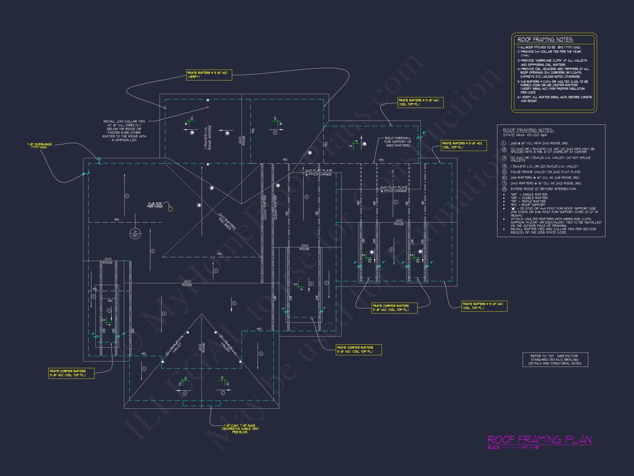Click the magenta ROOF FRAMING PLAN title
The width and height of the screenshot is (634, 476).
coord(539,440)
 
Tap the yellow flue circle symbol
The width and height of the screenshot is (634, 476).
coord(170,209)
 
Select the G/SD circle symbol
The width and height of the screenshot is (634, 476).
coord(135,234)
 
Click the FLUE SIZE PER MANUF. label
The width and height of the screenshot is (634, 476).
coord(155,205)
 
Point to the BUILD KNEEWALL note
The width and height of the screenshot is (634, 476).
coord(398,142)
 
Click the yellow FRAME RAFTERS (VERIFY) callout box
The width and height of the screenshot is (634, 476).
coord(209,75)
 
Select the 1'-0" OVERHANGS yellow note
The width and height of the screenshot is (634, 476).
coord(40,146)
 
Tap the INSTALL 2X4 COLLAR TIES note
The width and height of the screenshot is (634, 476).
coord(124,131)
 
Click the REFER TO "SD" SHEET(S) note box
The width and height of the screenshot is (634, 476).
coord(555,359)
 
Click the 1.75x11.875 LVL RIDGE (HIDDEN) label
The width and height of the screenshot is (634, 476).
coord(208,138)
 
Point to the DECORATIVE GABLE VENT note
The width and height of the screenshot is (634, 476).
coord(240,429)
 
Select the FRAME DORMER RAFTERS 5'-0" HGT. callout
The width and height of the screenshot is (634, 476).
coord(394,308)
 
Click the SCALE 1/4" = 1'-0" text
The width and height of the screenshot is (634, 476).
coord(514,448)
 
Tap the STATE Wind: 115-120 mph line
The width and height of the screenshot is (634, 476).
coord(525,135)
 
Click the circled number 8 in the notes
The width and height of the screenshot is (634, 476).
coord(504,189)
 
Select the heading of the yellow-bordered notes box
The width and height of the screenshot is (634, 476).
coord(545,40)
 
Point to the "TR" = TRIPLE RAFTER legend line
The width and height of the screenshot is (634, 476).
coord(529,201)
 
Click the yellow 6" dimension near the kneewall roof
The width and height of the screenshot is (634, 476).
coord(424,132)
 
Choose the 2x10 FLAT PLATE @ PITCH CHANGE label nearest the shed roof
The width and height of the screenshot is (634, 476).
coord(394,189)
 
